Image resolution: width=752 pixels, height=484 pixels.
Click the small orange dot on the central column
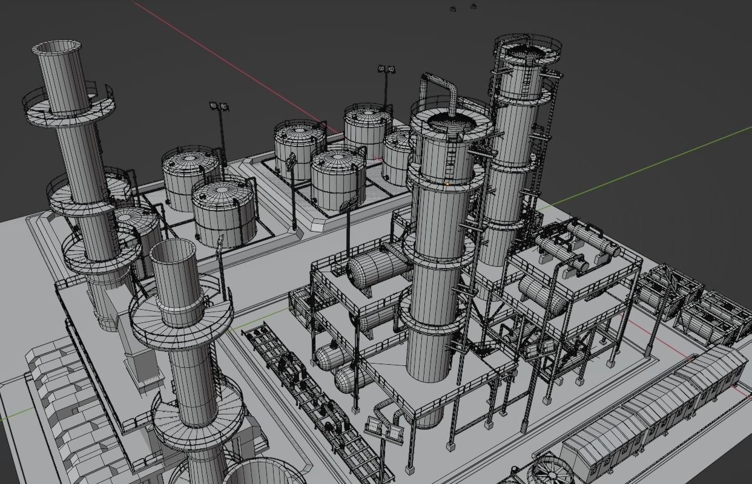tap(447, 183)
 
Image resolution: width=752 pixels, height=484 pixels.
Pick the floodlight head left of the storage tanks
tap(219, 107)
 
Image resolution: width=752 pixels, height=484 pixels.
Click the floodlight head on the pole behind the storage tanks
tap(386, 70)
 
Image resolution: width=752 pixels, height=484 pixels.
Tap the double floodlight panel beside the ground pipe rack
tap(384, 430)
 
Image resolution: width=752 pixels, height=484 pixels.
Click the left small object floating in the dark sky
tap(453, 8)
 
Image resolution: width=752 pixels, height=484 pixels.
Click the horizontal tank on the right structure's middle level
tap(542, 293)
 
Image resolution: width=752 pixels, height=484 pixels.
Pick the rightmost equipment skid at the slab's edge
tap(711, 315)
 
